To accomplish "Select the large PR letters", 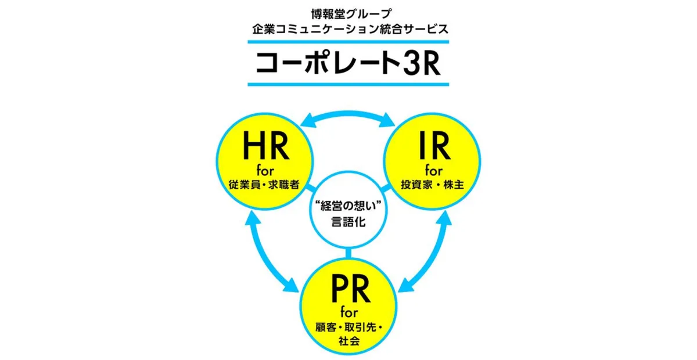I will pyautogui.click(x=348, y=289).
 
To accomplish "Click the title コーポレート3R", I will pyautogui.click(x=348, y=64).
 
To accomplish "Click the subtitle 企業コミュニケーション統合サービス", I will pyautogui.click(x=348, y=27).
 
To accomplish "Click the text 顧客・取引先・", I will pyautogui.click(x=348, y=329).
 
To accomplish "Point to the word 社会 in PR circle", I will pyautogui.click(x=348, y=342).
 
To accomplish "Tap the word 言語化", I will pyautogui.click(x=348, y=222).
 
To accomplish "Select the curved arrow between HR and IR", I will pyautogui.click(x=348, y=116).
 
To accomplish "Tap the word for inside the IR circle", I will pyautogui.click(x=433, y=171).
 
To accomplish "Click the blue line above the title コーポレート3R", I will pyautogui.click(x=348, y=42).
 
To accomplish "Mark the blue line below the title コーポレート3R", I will pyautogui.click(x=348, y=85).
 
